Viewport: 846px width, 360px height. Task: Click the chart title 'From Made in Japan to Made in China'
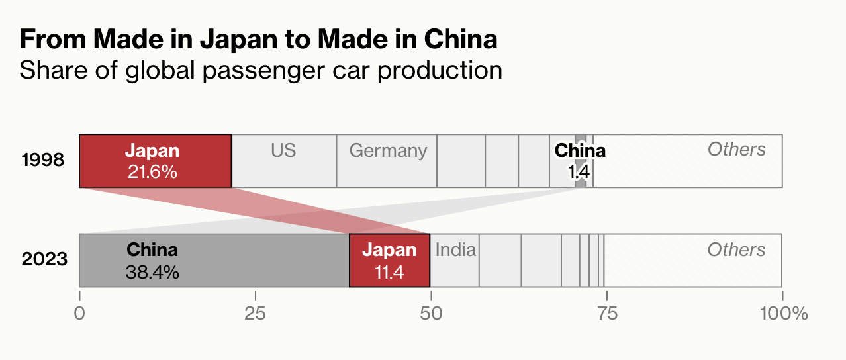click(258, 40)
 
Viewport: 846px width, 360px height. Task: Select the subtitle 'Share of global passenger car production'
click(260, 70)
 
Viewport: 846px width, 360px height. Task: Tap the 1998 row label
click(43, 161)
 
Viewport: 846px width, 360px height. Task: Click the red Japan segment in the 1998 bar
click(155, 161)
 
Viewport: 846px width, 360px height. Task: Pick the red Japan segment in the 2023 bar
click(389, 260)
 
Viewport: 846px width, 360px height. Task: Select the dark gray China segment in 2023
click(214, 260)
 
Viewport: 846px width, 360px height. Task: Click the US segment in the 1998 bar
click(283, 161)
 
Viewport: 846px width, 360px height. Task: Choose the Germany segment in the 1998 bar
click(387, 161)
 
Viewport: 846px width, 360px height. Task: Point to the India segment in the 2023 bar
click(455, 260)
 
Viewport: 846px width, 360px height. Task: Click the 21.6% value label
click(152, 172)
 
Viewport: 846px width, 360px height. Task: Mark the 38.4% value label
click(152, 272)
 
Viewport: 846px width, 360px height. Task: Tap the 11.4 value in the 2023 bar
click(389, 272)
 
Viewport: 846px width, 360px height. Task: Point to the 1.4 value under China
click(579, 173)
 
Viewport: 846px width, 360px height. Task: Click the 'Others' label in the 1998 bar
click(736, 150)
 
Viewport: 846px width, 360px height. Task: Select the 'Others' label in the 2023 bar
click(736, 249)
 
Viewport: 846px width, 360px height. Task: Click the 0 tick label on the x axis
click(79, 313)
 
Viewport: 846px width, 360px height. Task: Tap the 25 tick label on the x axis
click(255, 313)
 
